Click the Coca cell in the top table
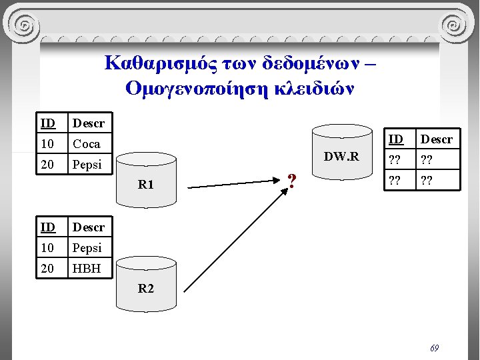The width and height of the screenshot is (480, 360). tap(87, 144)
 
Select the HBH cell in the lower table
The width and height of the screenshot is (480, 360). tap(87, 268)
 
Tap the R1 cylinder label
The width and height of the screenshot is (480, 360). tap(145, 185)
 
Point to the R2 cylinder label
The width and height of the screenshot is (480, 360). tap(145, 289)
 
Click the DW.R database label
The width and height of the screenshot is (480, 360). tap(341, 157)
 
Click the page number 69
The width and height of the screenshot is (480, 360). tap(434, 348)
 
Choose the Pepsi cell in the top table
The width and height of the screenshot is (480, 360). tap(87, 165)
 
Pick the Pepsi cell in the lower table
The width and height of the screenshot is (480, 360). tap(87, 247)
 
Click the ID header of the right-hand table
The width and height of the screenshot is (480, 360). tap(396, 139)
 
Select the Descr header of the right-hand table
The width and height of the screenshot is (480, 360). tap(437, 139)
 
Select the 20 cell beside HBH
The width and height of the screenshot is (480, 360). tap(48, 268)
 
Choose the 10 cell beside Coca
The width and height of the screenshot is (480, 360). tap(48, 144)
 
